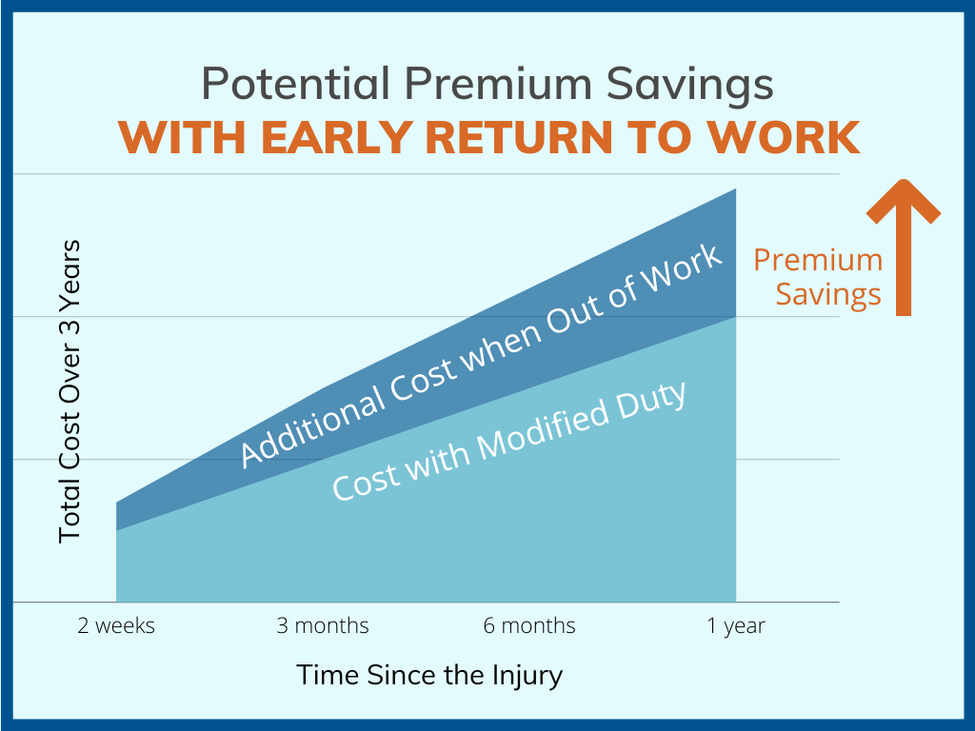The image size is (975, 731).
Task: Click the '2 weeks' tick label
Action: point(116,625)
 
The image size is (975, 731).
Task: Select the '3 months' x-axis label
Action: point(323,625)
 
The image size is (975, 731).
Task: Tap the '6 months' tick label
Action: point(529,625)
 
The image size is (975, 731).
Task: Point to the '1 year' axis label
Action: point(736,625)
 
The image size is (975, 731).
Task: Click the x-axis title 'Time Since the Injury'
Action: point(429,675)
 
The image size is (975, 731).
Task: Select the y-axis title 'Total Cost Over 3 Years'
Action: point(70,391)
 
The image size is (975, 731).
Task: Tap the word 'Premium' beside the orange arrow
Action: point(818,260)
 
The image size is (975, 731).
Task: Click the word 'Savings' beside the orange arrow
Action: point(828,294)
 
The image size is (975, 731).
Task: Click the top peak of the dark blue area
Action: point(734,191)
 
